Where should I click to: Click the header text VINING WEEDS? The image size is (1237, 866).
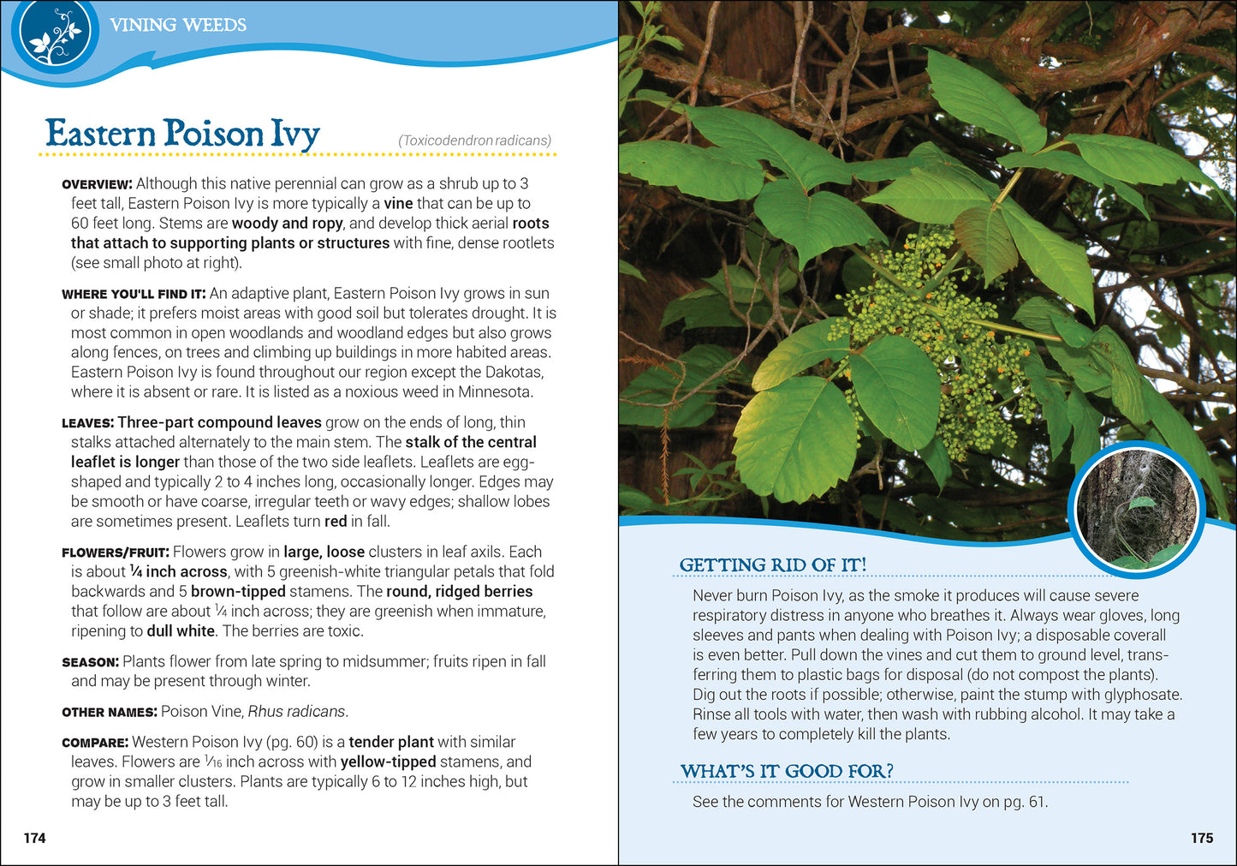pyautogui.click(x=178, y=25)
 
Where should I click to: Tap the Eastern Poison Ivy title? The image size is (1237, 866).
pyautogui.click(x=182, y=134)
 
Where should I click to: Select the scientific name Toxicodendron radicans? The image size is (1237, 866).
pyautogui.click(x=474, y=140)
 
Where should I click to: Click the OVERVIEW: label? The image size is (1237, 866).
pyautogui.click(x=97, y=184)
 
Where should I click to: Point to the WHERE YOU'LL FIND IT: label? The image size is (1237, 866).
pyautogui.click(x=134, y=295)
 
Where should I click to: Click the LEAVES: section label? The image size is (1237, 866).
pyautogui.click(x=87, y=423)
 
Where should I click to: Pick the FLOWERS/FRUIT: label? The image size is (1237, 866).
pyautogui.click(x=116, y=553)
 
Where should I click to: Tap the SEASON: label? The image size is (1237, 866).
pyautogui.click(x=90, y=662)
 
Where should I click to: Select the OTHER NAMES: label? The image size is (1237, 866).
pyautogui.click(x=109, y=713)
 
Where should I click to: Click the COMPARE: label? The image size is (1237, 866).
pyautogui.click(x=95, y=743)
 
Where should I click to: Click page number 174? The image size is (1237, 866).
pyautogui.click(x=35, y=838)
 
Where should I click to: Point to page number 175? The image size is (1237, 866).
pyautogui.click(x=1202, y=838)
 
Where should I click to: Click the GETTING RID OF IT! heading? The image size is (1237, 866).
pyautogui.click(x=772, y=565)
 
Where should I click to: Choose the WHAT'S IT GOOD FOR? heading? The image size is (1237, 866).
pyautogui.click(x=786, y=772)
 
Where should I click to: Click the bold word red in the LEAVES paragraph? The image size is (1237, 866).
pyautogui.click(x=336, y=522)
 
